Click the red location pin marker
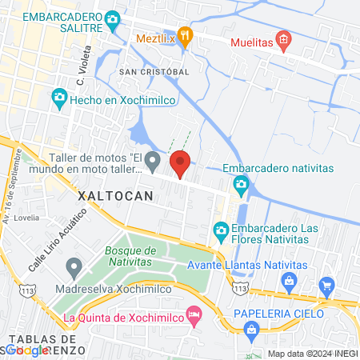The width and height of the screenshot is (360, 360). point(180,163)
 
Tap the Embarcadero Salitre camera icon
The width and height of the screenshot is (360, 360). point(113,18)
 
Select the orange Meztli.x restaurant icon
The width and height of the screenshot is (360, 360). point(186,34)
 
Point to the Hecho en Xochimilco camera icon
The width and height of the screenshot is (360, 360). point(58,97)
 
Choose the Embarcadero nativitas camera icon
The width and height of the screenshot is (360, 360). point(240,186)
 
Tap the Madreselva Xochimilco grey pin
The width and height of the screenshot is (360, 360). point(74,266)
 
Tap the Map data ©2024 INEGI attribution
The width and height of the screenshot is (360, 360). point(312,354)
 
